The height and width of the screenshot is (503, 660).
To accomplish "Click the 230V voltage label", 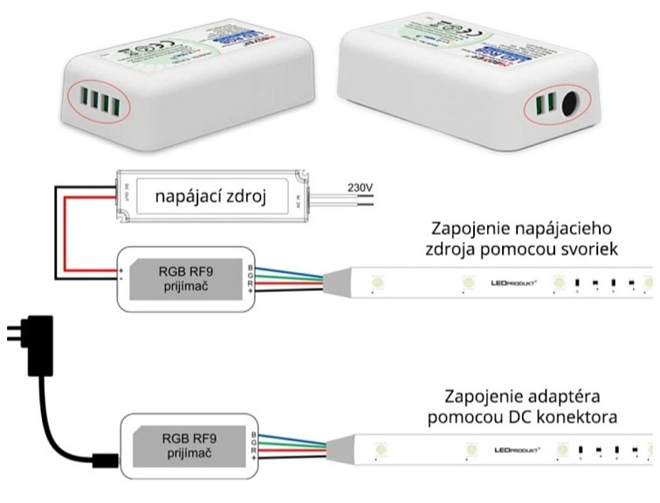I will [359, 185].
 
